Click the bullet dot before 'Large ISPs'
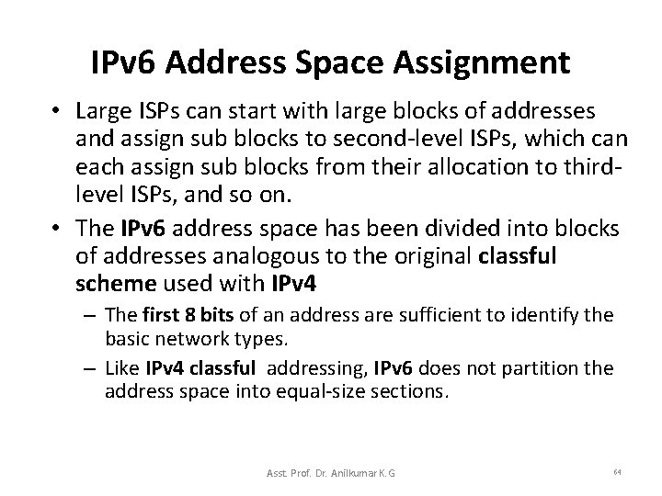57,112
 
